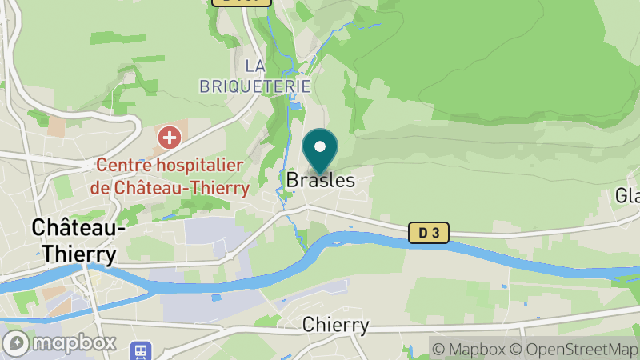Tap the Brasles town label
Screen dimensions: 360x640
click(320, 181)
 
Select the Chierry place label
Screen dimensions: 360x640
click(336, 325)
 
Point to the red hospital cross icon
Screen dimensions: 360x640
click(169, 137)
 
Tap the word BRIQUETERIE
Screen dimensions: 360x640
click(254, 86)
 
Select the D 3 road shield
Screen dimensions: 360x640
click(429, 233)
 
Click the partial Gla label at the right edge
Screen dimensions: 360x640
click(626, 196)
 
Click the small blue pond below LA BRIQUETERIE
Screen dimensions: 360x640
click(294, 106)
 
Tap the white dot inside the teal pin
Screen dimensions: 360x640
click(320, 147)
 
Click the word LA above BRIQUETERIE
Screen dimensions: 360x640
click(254, 65)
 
